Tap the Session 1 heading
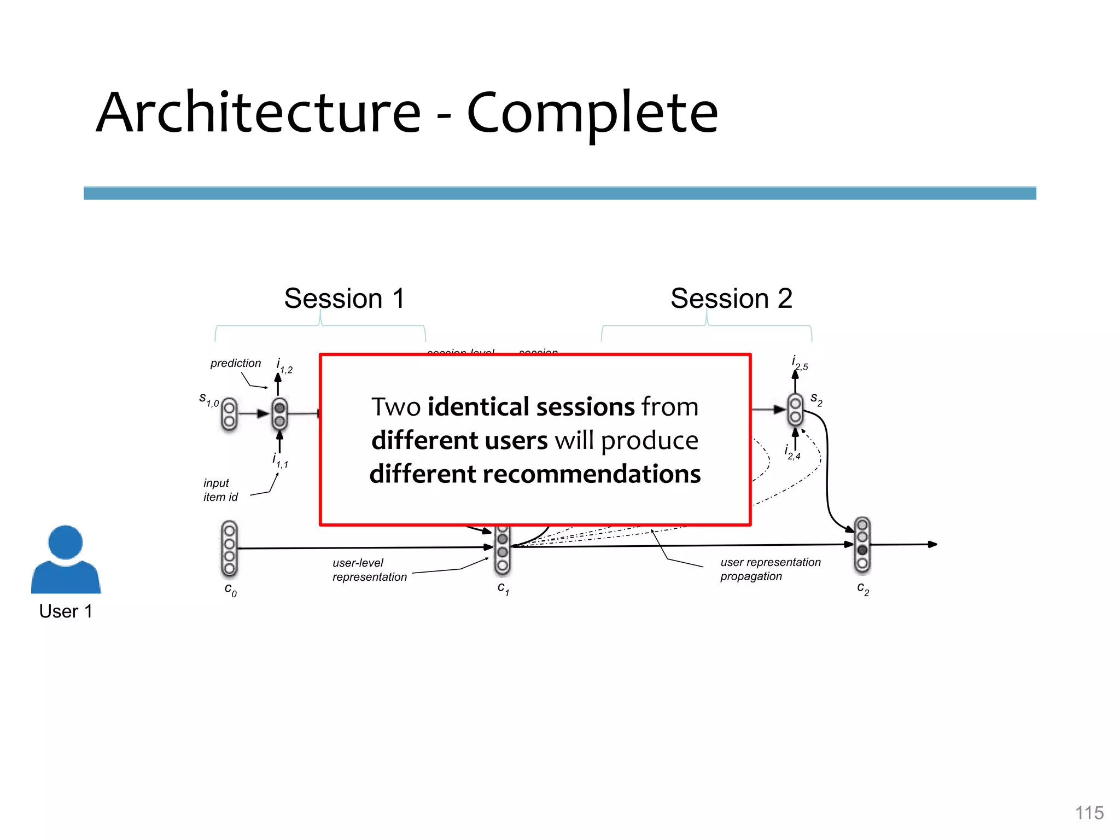tap(344, 299)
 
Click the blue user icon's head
tap(66, 542)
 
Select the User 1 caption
tap(66, 611)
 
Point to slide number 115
tap(1089, 813)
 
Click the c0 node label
tap(230, 590)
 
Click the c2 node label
tap(862, 588)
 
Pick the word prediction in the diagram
tap(235, 363)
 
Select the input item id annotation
tap(220, 490)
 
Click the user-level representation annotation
tap(369, 570)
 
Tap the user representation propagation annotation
tap(770, 569)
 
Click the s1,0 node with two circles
tap(229, 415)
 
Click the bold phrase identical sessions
tap(531, 407)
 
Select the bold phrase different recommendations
tap(535, 474)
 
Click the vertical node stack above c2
tap(862, 545)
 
